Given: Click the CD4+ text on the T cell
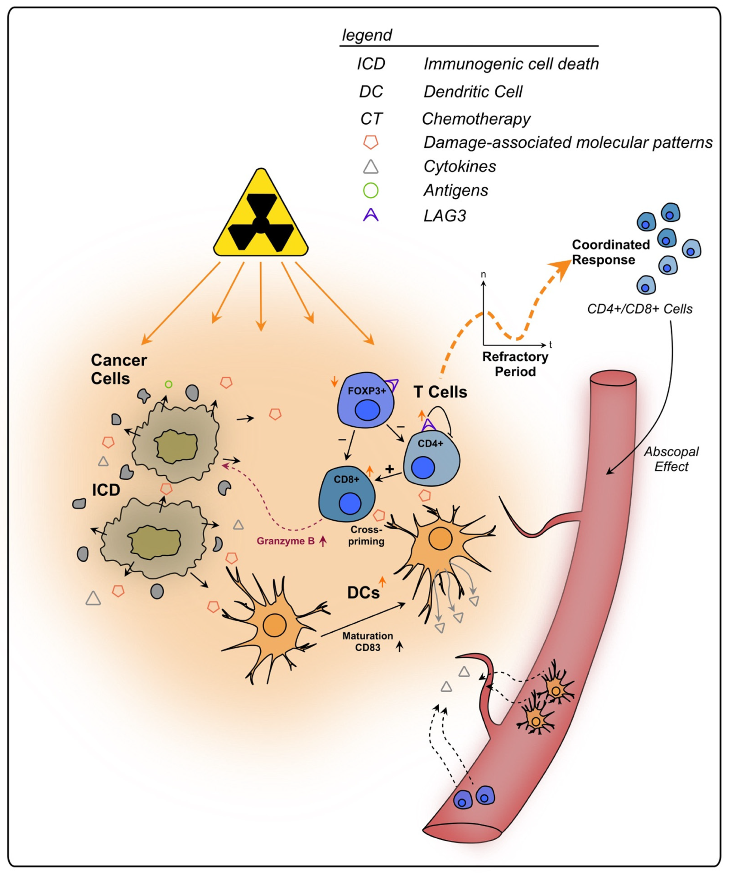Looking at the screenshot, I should (430, 443).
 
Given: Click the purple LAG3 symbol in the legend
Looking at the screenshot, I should (370, 215).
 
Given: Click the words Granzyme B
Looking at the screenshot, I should (286, 541).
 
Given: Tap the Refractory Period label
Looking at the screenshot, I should (515, 364).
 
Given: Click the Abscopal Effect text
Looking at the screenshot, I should (671, 459).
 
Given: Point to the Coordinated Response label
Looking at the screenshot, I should (610, 252).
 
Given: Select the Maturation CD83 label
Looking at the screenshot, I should (368, 641).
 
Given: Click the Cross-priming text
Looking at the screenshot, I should (366, 535).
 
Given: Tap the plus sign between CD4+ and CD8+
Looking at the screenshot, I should (390, 469).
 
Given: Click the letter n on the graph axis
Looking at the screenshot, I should (483, 274).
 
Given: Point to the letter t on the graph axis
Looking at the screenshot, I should (550, 345).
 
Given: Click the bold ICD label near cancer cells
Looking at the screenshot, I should (106, 490).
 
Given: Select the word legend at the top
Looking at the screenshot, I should (367, 35).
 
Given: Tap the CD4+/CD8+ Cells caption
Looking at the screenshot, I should (640, 309).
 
